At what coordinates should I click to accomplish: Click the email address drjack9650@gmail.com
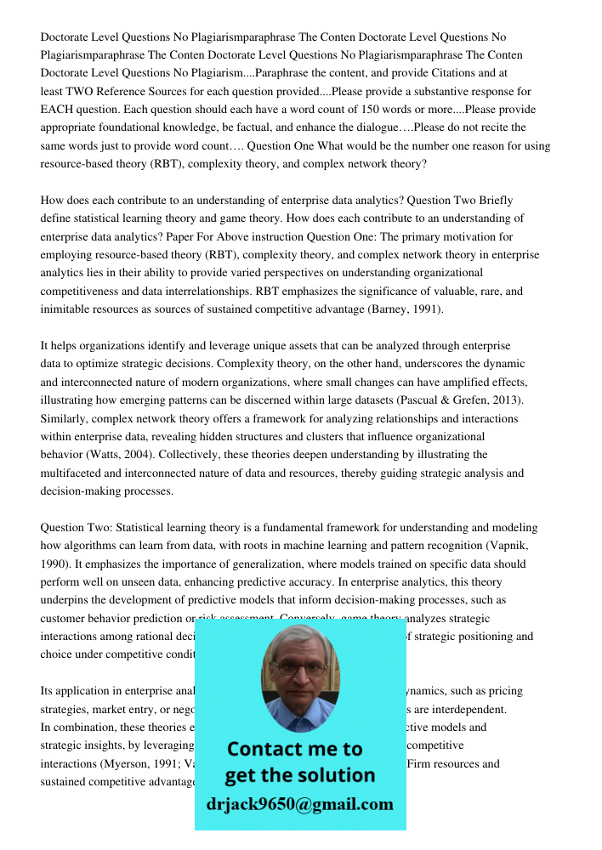click(299, 804)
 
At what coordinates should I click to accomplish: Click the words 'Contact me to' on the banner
click(294, 749)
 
